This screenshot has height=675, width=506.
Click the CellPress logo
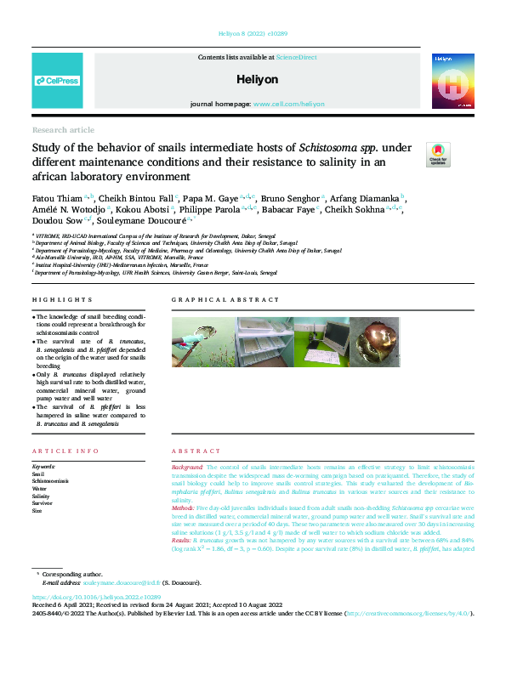(57, 81)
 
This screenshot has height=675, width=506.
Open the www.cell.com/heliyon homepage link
(288, 104)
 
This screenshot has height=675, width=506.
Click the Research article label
(63, 129)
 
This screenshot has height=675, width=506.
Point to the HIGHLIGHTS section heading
(62, 300)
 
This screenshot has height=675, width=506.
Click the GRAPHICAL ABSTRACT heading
(225, 300)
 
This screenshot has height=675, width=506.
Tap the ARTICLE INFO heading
(64, 451)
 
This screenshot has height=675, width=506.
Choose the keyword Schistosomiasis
(52, 481)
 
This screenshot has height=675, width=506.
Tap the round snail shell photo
(375, 343)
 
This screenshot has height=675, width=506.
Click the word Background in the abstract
(187, 468)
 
